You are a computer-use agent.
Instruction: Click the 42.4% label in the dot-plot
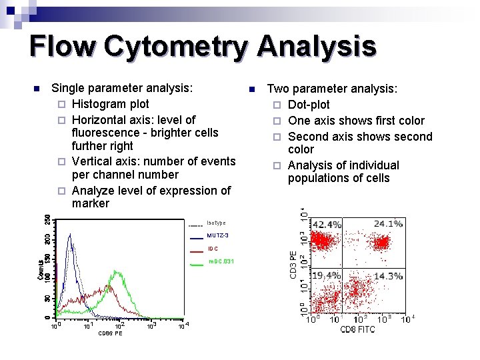point(327,225)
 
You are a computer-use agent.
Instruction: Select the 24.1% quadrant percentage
point(388,224)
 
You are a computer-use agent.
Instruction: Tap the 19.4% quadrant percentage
point(327,275)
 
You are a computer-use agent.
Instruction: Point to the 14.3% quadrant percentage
point(388,275)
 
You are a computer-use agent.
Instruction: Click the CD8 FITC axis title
point(357,329)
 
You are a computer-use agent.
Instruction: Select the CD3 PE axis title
point(292,265)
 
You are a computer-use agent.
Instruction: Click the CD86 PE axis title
point(110,333)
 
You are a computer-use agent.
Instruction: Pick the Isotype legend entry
point(216,223)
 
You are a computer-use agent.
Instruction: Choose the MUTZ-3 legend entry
point(217,236)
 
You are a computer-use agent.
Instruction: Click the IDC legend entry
point(213,249)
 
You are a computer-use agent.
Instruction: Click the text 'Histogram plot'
point(110,104)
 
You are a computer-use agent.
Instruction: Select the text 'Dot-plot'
point(309,105)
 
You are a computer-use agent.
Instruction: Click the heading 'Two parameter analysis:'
point(332,89)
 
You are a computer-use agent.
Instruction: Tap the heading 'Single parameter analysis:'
point(122,88)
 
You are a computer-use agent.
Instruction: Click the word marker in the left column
point(90,203)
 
